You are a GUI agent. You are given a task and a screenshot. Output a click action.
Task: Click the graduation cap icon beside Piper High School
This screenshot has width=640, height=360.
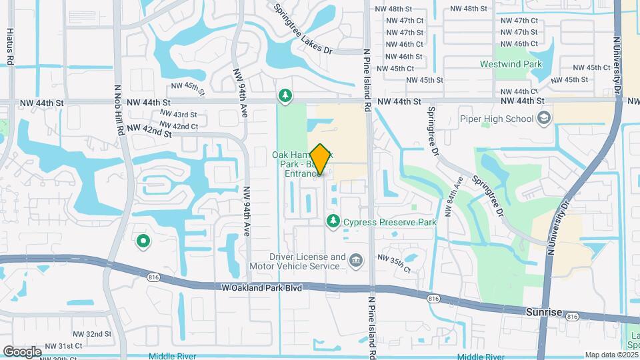point(544,119)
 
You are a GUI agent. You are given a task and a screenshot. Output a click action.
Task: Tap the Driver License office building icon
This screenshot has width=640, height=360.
point(356,259)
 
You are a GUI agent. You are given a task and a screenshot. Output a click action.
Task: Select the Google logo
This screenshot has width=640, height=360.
point(22,351)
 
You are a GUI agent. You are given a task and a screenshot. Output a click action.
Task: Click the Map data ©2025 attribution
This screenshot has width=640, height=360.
point(611,355)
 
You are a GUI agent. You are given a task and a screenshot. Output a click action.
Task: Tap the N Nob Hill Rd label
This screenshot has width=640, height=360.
point(119,110)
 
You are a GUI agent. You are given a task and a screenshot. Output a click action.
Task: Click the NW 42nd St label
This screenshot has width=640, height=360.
point(149,130)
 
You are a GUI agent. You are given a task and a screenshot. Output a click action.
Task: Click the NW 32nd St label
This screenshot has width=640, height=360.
point(92,334)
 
